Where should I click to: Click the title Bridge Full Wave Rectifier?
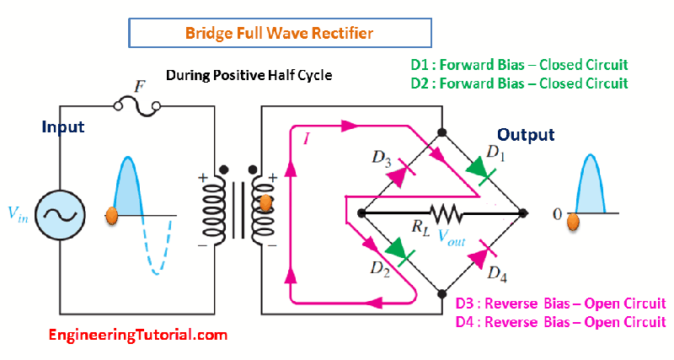click(280, 34)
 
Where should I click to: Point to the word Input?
click(63, 127)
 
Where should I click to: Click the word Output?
click(526, 135)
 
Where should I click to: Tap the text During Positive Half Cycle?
click(249, 75)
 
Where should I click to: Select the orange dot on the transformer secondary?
click(265, 203)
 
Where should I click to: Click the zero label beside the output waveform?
click(557, 214)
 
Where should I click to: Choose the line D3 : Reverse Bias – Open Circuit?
click(560, 304)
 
